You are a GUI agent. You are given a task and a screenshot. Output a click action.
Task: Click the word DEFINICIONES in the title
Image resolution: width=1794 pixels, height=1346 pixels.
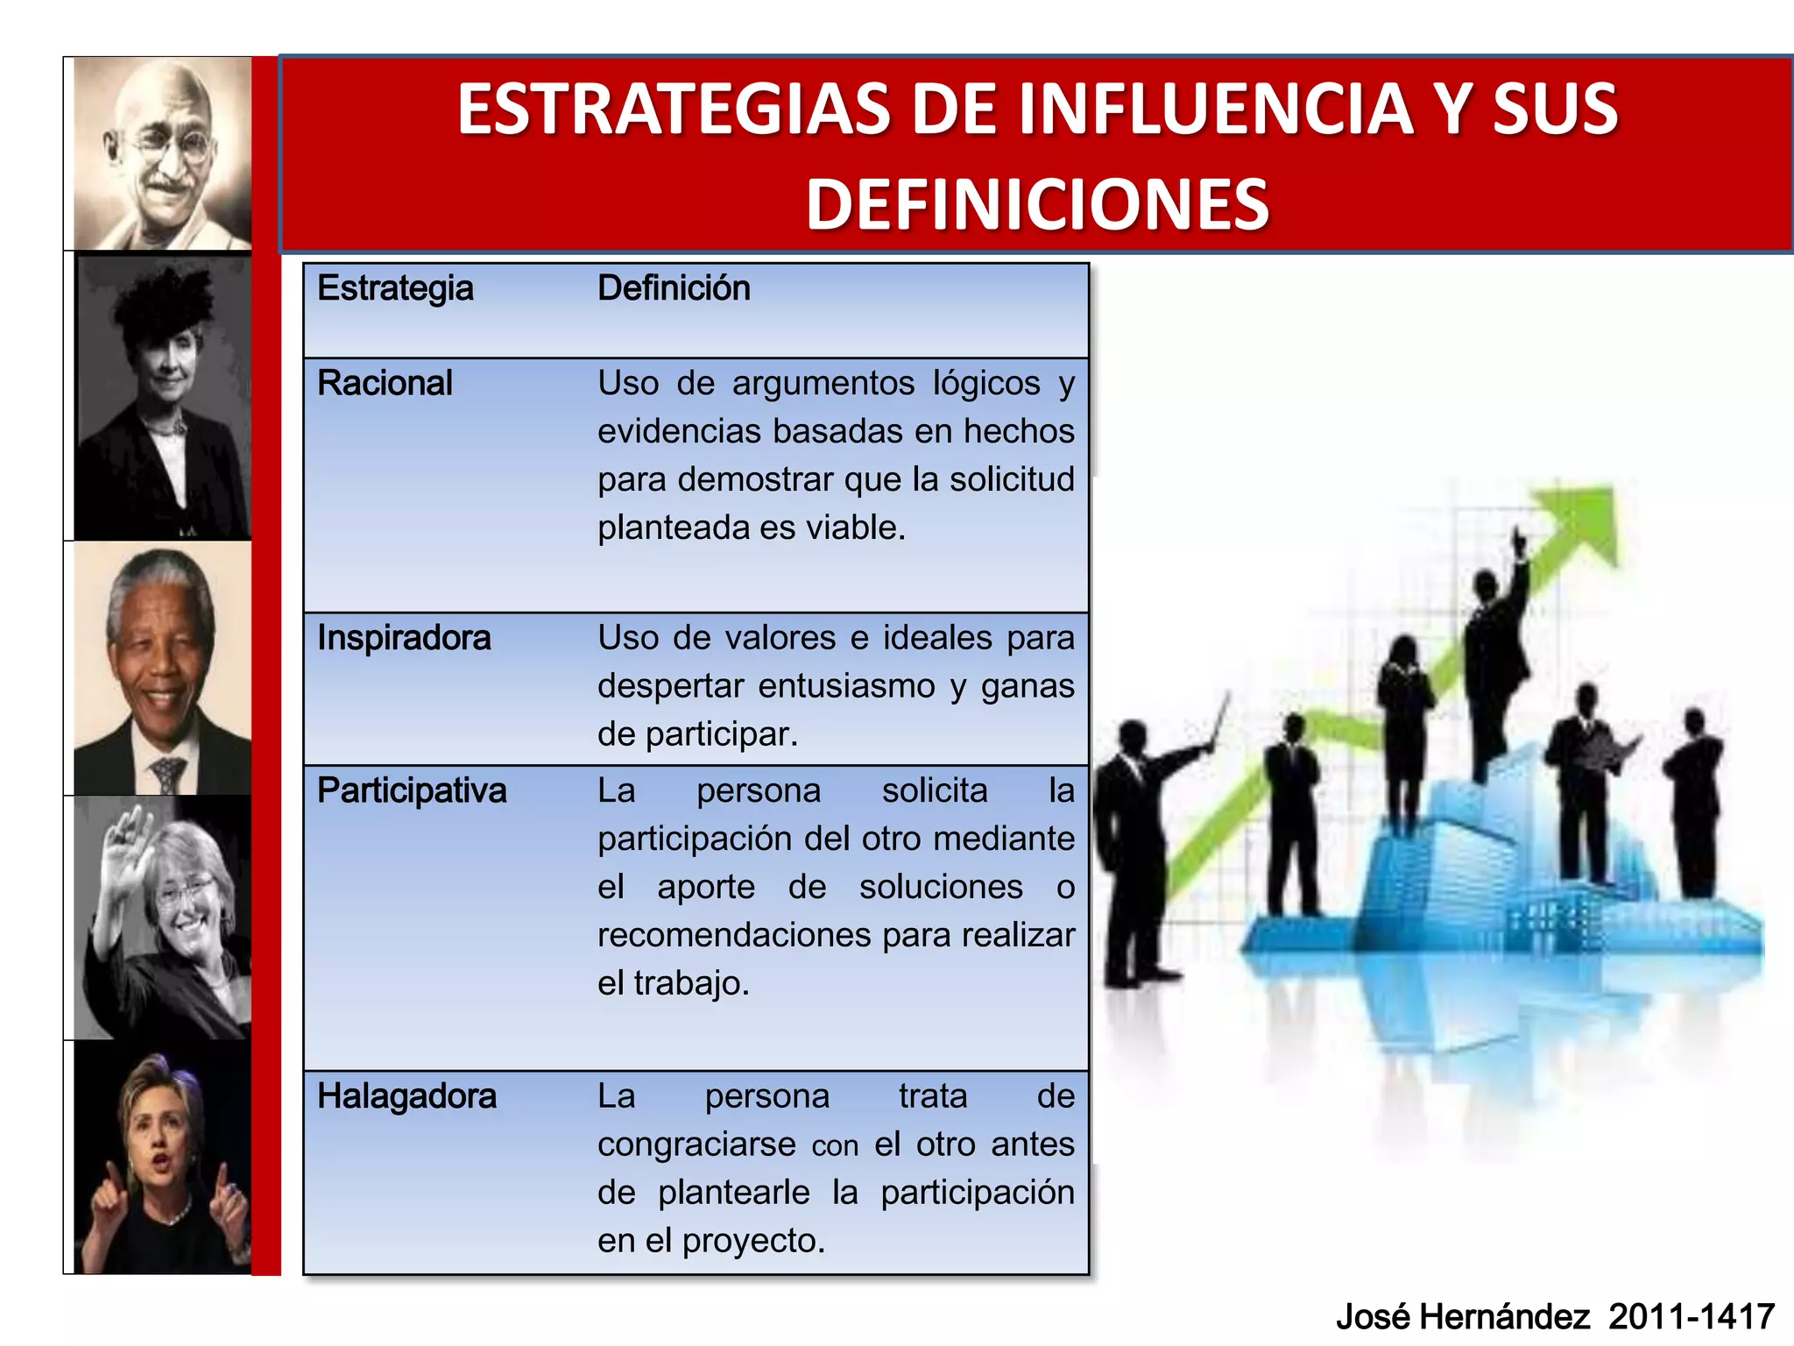[x=1037, y=204]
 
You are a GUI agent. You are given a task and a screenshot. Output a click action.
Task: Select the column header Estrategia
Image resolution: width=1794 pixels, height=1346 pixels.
[x=395, y=288]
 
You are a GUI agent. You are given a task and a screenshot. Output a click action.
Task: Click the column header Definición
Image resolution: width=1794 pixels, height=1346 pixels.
[x=674, y=288]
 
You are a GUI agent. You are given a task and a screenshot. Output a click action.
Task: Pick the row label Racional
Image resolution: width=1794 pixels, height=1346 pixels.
[x=385, y=383]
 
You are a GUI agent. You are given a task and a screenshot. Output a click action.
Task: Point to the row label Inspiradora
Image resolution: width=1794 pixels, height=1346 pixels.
[x=404, y=638]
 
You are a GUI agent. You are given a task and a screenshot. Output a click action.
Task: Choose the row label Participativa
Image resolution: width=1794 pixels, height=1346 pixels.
[x=412, y=790]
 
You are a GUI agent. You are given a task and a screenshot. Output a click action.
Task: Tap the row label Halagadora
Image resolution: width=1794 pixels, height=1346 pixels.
[x=406, y=1096]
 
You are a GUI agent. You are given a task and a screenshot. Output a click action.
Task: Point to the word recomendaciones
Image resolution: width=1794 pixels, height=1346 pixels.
[x=734, y=935]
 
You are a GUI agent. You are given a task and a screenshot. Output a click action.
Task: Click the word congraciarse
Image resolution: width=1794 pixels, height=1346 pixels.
[x=696, y=1144]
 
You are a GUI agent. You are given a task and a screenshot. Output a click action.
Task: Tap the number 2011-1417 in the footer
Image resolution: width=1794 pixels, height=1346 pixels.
[x=1692, y=1316]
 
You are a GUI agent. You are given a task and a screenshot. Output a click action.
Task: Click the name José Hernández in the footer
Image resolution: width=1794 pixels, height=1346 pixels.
[x=1462, y=1316]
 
